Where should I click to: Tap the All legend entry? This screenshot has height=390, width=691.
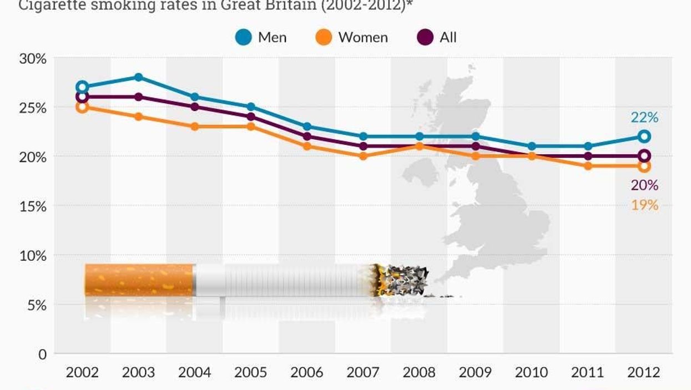pyautogui.click(x=438, y=38)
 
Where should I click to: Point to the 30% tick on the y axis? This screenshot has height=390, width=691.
pyautogui.click(x=33, y=58)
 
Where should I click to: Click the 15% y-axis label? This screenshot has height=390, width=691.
pyautogui.click(x=33, y=206)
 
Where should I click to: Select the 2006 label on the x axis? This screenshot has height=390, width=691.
pyautogui.click(x=307, y=372)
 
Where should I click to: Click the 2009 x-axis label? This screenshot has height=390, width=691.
pyautogui.click(x=475, y=372)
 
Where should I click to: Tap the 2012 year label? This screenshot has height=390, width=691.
pyautogui.click(x=643, y=372)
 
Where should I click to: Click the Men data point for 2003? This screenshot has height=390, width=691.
pyautogui.click(x=139, y=77)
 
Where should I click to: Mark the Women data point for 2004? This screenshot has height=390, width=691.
pyautogui.click(x=195, y=126)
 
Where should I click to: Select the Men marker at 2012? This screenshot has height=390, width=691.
pyautogui.click(x=644, y=136)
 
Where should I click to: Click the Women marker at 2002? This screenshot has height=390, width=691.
pyautogui.click(x=82, y=107)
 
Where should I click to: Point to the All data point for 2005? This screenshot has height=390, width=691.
pyautogui.click(x=251, y=117)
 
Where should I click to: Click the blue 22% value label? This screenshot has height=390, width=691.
pyautogui.click(x=644, y=118)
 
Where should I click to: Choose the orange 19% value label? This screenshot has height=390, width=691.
pyautogui.click(x=644, y=205)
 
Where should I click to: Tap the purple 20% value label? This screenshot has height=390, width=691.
pyautogui.click(x=644, y=185)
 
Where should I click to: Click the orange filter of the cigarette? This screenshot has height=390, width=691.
pyautogui.click(x=139, y=280)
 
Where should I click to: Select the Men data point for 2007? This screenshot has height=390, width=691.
pyautogui.click(x=363, y=136)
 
